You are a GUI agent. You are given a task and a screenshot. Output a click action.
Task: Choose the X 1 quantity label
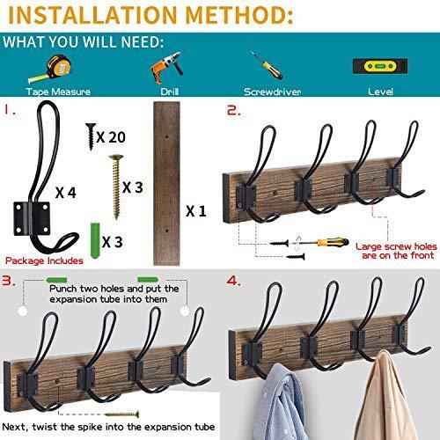coord(198,211)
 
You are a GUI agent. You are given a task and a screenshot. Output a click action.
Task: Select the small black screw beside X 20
coord(89,134)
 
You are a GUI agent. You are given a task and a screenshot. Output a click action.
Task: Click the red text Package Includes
coord(44,260)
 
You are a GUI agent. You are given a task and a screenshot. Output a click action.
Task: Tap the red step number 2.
coord(233,112)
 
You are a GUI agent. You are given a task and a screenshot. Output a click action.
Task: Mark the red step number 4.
coord(234,282)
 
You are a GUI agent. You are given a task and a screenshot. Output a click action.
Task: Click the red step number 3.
coord(10,282)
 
